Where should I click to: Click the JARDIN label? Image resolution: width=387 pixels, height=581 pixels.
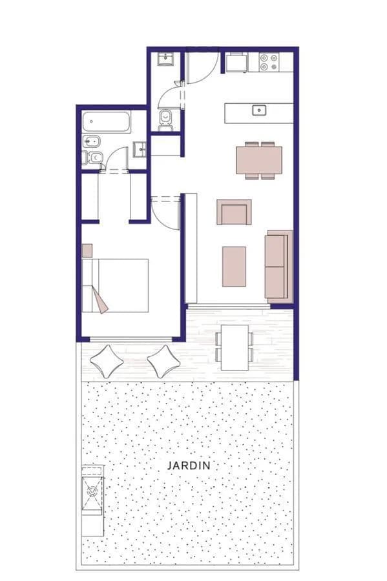click(x=189, y=465)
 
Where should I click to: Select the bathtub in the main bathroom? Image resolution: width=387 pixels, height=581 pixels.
click(x=107, y=122)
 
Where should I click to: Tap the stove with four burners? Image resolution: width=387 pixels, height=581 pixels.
click(x=269, y=62)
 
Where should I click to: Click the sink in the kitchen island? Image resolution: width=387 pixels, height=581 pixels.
click(x=259, y=110)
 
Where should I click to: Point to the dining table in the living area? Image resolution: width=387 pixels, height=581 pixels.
click(x=259, y=160)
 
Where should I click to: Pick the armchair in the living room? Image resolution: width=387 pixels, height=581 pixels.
click(x=234, y=212)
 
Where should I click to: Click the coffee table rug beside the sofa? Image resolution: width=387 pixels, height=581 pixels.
click(x=234, y=267)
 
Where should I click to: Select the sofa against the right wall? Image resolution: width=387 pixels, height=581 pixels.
click(x=278, y=265)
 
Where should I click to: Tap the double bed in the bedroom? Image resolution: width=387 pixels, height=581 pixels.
click(x=115, y=286)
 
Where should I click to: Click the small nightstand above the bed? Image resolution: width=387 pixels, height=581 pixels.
click(x=87, y=250)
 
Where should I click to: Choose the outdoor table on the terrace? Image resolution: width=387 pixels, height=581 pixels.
click(x=235, y=347)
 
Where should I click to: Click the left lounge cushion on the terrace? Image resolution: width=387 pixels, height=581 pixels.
click(x=107, y=362)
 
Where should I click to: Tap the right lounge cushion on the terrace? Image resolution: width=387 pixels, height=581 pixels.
click(x=163, y=362)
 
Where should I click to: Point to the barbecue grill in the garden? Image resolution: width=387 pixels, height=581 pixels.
click(x=92, y=490)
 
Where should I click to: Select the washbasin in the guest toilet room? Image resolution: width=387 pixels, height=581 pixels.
click(x=165, y=59)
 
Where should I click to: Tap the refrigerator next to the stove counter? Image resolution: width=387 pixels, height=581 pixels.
click(x=237, y=62)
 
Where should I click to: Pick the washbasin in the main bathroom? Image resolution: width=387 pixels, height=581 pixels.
click(x=140, y=149)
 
